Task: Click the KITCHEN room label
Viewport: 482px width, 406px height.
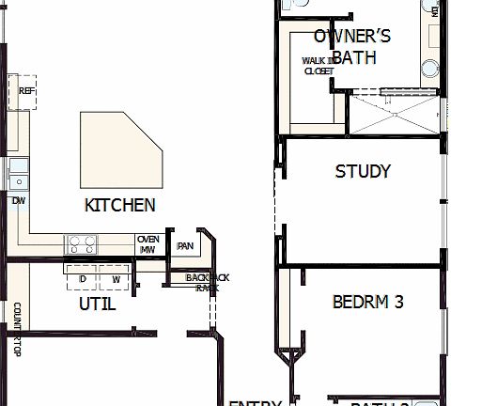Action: click(x=119, y=205)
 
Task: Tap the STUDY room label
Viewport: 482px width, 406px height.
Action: click(x=363, y=172)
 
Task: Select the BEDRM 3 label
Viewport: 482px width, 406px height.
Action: click(x=367, y=303)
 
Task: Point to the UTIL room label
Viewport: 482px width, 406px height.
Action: click(x=97, y=304)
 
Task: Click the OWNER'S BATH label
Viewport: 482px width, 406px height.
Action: click(x=352, y=47)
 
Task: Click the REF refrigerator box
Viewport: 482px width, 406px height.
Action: click(x=26, y=92)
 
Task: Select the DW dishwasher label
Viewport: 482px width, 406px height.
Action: click(x=18, y=200)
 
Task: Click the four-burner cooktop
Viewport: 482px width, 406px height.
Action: click(x=81, y=245)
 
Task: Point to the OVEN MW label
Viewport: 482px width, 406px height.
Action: click(x=148, y=244)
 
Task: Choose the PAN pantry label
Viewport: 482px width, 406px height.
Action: click(x=185, y=246)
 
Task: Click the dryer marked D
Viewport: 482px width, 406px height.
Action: click(x=83, y=280)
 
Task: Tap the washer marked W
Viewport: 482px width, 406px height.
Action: click(x=116, y=280)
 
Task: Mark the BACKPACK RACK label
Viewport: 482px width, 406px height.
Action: click(x=207, y=282)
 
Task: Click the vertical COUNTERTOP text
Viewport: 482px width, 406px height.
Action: click(x=16, y=330)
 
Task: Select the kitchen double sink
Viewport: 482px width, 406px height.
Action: click(x=19, y=175)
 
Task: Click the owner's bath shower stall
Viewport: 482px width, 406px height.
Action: click(x=392, y=115)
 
